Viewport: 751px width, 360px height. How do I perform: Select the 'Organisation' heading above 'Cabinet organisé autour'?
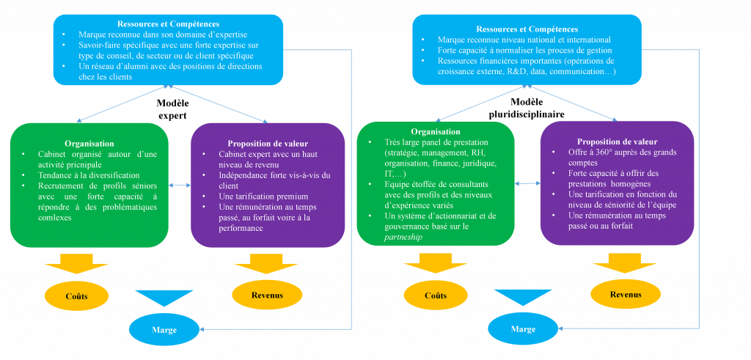[x=89, y=144]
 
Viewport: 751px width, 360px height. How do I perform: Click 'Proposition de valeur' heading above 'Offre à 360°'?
[x=617, y=142]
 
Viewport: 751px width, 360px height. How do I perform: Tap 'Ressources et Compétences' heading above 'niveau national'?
[x=526, y=29]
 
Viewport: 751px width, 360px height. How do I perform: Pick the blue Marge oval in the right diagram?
[x=523, y=329]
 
